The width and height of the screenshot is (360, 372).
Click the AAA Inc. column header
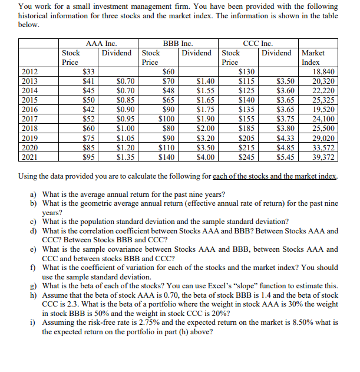click(x=101, y=43)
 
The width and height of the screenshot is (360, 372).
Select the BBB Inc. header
click(x=178, y=43)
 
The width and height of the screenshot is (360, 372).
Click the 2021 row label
click(x=28, y=157)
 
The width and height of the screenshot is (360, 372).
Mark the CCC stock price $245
click(x=246, y=157)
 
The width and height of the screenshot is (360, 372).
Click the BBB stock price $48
click(x=168, y=90)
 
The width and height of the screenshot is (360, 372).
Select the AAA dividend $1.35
click(x=125, y=157)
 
